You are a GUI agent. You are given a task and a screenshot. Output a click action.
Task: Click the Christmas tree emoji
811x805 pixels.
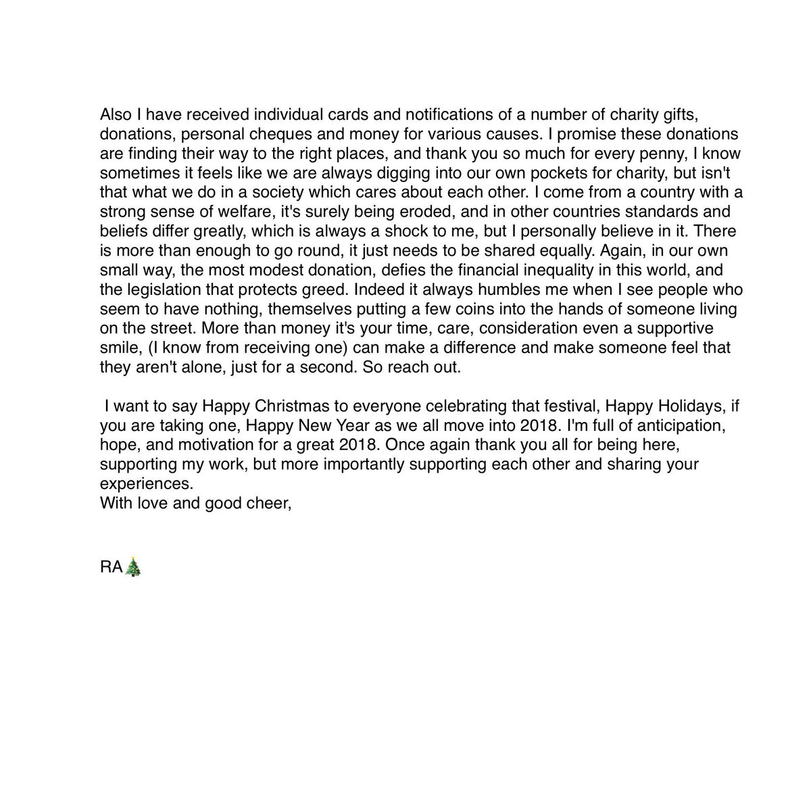pos(134,567)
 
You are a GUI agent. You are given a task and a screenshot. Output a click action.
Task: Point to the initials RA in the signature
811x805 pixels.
pos(111,568)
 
